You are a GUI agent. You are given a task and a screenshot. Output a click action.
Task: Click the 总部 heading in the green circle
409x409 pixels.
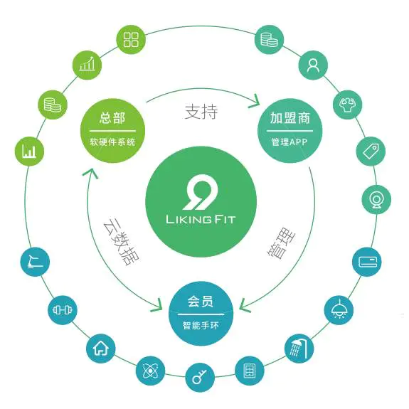112,117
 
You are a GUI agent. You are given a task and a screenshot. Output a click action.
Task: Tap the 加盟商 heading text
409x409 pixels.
290,118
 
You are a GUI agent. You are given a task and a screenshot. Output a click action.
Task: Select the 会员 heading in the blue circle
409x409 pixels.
201,302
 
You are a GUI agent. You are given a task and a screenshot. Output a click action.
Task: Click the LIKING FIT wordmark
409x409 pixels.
201,219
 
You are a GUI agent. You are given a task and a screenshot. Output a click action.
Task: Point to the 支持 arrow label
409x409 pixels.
201,112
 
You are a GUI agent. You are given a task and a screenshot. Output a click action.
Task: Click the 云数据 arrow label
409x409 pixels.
121,240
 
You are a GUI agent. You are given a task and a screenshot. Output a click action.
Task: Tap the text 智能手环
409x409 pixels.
201,326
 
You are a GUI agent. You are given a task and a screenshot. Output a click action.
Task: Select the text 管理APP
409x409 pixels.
290,142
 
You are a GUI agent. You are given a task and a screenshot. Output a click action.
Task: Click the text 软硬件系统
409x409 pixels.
112,142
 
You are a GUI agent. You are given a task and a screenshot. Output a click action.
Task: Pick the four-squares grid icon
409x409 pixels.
131,40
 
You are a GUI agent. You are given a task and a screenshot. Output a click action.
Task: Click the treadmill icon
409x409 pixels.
35,262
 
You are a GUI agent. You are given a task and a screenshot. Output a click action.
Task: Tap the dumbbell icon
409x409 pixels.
63,310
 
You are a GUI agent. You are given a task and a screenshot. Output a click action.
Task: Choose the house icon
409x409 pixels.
101,349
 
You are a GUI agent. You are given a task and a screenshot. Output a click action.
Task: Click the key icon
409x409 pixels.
200,377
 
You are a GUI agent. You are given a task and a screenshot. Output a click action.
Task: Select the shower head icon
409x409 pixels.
299,349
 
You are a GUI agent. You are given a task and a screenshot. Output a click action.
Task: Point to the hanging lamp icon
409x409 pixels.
339,309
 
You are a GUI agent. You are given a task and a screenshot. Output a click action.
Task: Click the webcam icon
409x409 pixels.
376,200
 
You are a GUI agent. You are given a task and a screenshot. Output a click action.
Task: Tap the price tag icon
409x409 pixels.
371,152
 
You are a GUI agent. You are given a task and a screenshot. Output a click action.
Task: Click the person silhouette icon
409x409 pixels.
313,65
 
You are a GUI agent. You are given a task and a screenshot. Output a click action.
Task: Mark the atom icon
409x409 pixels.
150,371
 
